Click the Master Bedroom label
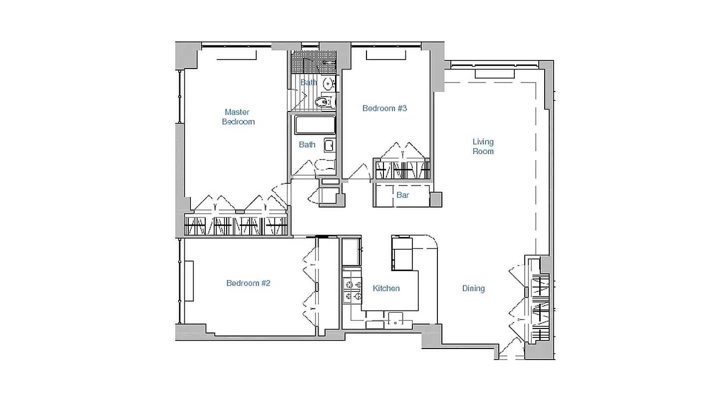pos(238,117)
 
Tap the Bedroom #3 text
pos(384,108)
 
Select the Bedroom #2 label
pos(248,283)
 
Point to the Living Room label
pos(483,146)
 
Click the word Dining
pos(473,288)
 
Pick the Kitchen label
pos(386,288)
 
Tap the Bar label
pos(402,195)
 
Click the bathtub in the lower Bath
pos(315,125)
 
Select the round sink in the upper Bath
pos(328,83)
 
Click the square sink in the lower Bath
pos(330,145)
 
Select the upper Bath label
pos(309,82)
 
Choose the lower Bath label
pos(307,144)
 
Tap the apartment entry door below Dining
pos(510,350)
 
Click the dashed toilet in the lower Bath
pos(325,166)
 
